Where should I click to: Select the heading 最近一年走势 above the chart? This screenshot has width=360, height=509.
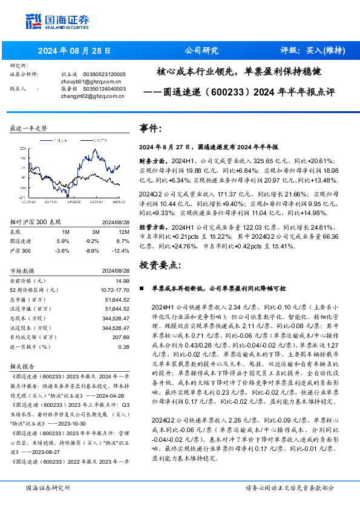click(x=29, y=128)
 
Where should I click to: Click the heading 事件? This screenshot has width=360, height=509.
click(x=151, y=129)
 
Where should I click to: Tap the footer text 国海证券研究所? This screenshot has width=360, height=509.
click(x=46, y=487)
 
